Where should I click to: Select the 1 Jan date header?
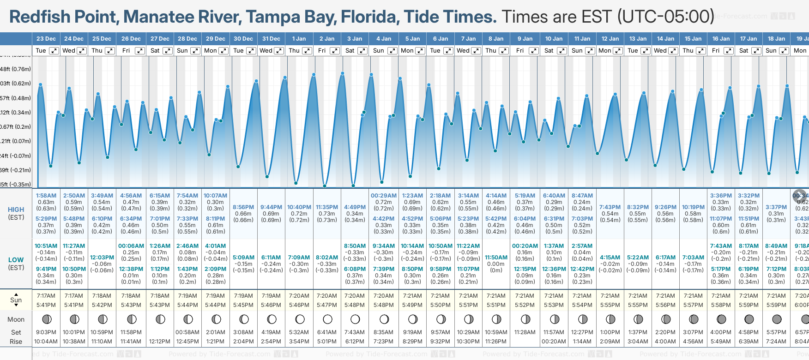point(299,39)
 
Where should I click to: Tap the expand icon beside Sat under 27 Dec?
point(168,51)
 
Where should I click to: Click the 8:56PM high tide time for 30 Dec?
point(243,207)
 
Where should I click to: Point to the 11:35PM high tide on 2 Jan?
point(327,207)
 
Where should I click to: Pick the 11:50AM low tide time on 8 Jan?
point(496,258)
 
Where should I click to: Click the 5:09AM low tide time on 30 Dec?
point(243,258)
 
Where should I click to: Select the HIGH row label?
point(16,210)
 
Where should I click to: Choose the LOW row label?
point(16,260)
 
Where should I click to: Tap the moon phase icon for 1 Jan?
point(300,319)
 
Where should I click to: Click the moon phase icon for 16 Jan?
point(721,319)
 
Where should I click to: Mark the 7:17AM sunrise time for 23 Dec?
point(46,296)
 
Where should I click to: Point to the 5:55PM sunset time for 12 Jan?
point(610,305)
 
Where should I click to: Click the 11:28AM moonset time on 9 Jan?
point(525,332)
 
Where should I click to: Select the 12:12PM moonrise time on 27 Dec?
point(160,342)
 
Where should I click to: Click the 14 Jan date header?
point(666,39)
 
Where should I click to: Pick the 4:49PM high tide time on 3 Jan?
point(355,207)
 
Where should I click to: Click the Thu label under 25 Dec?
point(97,51)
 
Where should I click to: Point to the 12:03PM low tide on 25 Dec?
point(102,258)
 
